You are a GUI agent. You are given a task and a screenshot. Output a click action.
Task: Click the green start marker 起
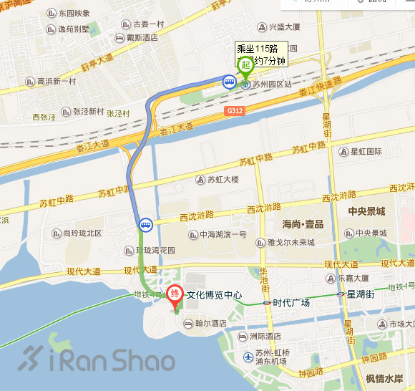[x=245, y=65]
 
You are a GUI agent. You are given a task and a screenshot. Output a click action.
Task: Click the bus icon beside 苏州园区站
[x=229, y=82]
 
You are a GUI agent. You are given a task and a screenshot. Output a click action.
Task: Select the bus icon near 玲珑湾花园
[x=145, y=225]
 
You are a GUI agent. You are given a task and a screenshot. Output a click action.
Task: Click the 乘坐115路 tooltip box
[x=262, y=54]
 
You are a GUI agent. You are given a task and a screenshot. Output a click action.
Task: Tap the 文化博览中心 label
[x=214, y=295]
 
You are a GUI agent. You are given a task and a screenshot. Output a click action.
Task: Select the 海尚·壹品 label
[x=303, y=225]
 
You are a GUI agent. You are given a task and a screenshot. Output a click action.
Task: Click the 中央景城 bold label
[x=366, y=211]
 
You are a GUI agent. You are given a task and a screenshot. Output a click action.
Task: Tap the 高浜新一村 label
[x=57, y=82]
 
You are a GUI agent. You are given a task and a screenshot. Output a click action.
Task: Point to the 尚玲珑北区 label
[x=82, y=233]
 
